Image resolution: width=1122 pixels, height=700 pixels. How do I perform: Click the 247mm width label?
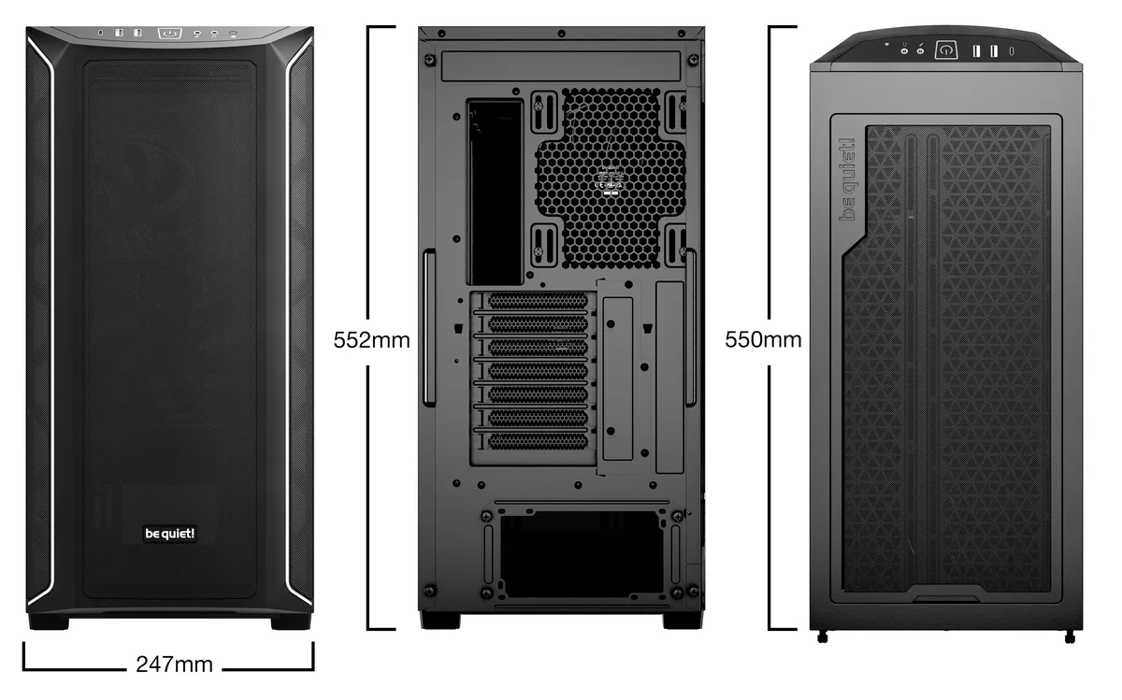point(174,664)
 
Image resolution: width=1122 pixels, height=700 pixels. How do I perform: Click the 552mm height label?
point(371,339)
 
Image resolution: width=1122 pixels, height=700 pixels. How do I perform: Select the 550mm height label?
point(763,338)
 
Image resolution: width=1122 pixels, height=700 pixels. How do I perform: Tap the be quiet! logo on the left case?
point(169,534)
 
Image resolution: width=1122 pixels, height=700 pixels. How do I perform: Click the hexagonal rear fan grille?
point(610,178)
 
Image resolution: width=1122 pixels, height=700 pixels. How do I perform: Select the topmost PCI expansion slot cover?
point(538,301)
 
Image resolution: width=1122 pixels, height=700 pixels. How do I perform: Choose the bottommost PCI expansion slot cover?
point(538,440)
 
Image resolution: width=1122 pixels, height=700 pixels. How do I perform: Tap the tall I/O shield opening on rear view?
point(495,191)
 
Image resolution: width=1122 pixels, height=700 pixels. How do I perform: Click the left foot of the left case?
point(49,621)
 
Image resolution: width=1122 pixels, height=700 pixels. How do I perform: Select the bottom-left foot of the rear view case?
point(439,620)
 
